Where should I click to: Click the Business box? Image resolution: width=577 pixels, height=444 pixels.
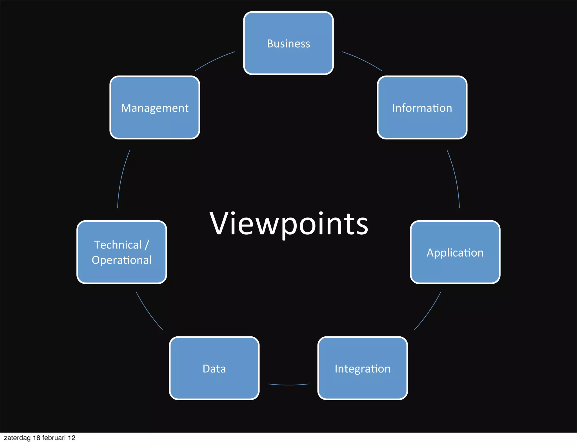(288, 43)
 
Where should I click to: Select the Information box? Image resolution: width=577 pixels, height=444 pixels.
(422, 108)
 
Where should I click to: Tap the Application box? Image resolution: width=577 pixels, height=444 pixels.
(455, 252)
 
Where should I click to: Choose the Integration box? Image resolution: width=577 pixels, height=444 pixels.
(363, 368)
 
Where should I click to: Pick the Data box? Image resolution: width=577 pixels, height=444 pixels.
(214, 368)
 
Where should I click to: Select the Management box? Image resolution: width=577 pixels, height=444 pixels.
(155, 108)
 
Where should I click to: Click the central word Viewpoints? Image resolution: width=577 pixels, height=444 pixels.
(289, 224)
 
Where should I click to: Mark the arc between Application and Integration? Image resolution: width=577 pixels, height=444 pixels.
(429, 312)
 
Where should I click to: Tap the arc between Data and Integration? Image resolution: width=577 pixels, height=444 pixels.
(288, 385)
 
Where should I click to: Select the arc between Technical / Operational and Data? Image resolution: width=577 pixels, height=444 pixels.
(148, 312)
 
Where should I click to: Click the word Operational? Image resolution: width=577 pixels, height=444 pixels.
(122, 260)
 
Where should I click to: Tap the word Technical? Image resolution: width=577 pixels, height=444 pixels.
(118, 245)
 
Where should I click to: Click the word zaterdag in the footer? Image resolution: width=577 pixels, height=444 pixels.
(17, 438)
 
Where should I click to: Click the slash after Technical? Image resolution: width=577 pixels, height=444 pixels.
(147, 245)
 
